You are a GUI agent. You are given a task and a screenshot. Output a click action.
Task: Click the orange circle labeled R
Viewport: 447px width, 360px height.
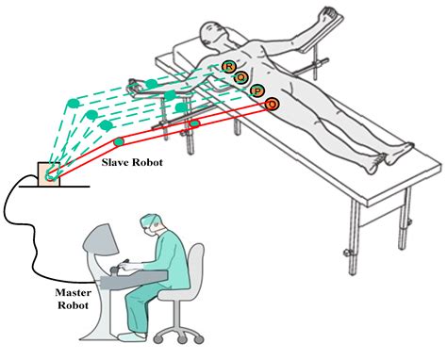tap(229, 65)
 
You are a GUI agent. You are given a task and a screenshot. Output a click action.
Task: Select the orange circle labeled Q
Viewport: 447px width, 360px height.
tap(241, 77)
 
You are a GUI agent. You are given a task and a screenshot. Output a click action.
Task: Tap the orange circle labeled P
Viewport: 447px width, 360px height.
tap(257, 90)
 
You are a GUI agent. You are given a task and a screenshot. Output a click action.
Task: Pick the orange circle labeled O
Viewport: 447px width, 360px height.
tap(273, 103)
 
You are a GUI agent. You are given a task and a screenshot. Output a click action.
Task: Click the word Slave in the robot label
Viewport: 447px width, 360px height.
tap(117, 163)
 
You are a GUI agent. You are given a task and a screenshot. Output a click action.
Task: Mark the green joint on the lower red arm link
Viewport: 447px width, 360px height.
tap(119, 142)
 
